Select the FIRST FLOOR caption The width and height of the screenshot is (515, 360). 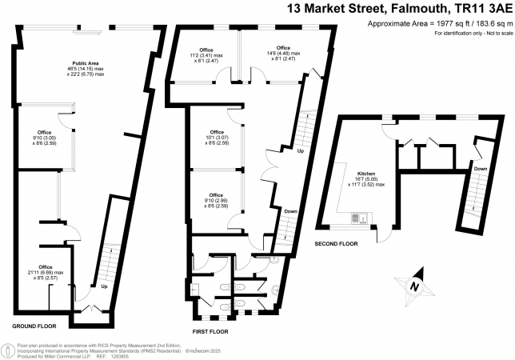coord(211,330)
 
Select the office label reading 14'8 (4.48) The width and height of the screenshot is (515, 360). coord(283,54)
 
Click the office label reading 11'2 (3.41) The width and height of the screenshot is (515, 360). coord(207,54)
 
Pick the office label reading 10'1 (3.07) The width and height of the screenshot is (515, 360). coord(217,137)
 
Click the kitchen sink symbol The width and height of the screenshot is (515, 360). coord(359,216)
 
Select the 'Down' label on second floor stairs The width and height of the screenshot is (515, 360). coord(480,169)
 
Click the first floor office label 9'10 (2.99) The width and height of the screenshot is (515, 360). coord(217,200)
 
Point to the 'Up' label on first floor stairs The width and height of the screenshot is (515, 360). coord(300,150)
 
